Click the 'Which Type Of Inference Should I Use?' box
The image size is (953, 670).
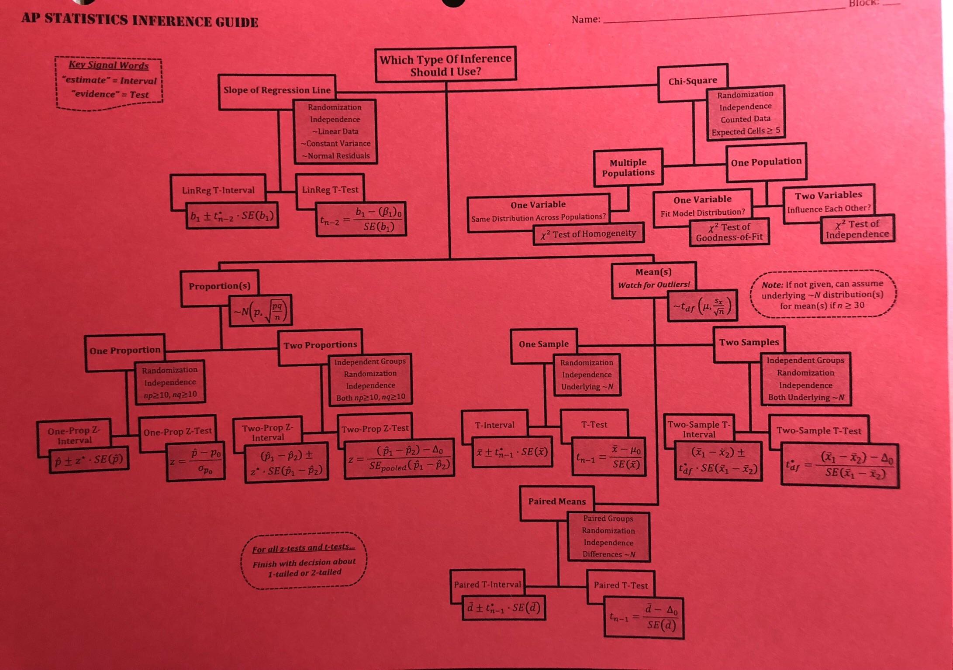pyautogui.click(x=445, y=65)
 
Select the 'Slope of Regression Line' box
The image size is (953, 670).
pyautogui.click(x=277, y=90)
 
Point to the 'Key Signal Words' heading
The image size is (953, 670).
pyautogui.click(x=109, y=65)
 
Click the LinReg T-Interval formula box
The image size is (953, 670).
pyautogui.click(x=232, y=216)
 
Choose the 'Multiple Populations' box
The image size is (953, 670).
pyautogui.click(x=628, y=168)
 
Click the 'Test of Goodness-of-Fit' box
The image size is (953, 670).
pyautogui.click(x=729, y=232)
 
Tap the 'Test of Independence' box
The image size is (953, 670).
pyautogui.click(x=857, y=229)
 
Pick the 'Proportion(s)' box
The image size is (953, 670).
pyautogui.click(x=219, y=286)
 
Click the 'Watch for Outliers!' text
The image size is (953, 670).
pyautogui.click(x=653, y=285)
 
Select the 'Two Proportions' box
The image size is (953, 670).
pyautogui.click(x=320, y=345)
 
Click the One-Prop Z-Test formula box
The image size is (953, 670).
pyautogui.click(x=196, y=461)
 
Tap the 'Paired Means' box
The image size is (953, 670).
pyautogui.click(x=556, y=502)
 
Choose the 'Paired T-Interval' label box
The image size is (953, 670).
pyautogui.click(x=487, y=585)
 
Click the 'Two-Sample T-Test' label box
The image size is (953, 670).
pyautogui.click(x=818, y=431)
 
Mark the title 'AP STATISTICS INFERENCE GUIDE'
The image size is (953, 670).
pyautogui.click(x=140, y=21)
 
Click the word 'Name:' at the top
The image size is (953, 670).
pyautogui.click(x=586, y=20)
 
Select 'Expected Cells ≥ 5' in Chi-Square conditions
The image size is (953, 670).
pyautogui.click(x=746, y=131)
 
